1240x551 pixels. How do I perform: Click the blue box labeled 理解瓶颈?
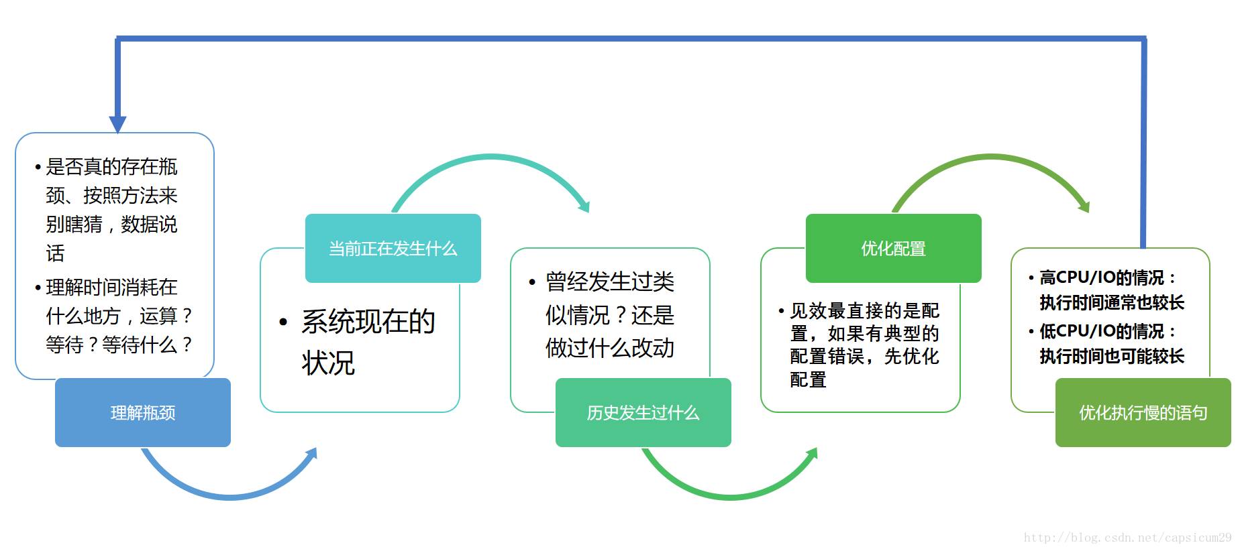pyautogui.click(x=143, y=412)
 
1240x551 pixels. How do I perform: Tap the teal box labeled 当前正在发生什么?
pyautogui.click(x=393, y=249)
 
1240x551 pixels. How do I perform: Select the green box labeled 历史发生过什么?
pyautogui.click(x=643, y=412)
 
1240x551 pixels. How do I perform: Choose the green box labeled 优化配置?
pyautogui.click(x=893, y=249)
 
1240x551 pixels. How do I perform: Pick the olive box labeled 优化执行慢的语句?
pyautogui.click(x=1143, y=412)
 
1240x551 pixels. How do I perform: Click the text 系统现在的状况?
pyautogui.click(x=368, y=342)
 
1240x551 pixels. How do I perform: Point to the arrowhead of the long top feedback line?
pyautogui.click(x=117, y=125)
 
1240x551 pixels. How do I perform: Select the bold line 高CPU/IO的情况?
pyautogui.click(x=1111, y=290)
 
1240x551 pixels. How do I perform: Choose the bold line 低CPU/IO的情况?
pyautogui.click(x=1111, y=343)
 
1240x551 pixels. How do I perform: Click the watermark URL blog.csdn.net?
pyautogui.click(x=1127, y=538)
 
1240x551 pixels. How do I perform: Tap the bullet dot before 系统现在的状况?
pyautogui.click(x=283, y=322)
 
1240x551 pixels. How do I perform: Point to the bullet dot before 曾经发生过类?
pyautogui.click(x=532, y=283)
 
